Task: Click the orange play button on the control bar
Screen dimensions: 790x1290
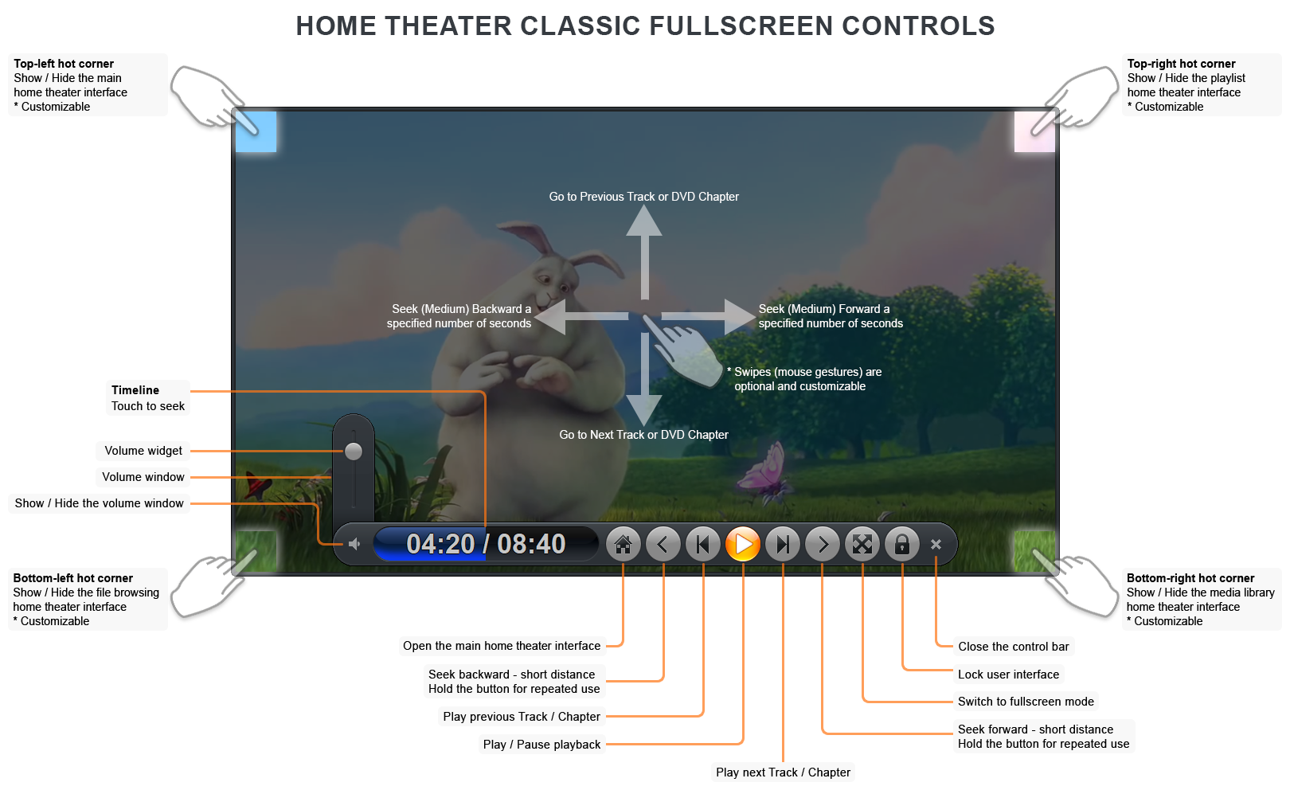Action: [743, 545]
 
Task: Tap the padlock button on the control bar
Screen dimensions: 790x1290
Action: [902, 545]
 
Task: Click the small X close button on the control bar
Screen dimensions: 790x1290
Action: [936, 545]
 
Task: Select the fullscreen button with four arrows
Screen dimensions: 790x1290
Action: [862, 545]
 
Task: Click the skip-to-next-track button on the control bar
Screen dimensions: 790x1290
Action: [783, 545]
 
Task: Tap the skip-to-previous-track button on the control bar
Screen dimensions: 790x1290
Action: [702, 545]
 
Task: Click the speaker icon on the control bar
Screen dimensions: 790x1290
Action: [354, 544]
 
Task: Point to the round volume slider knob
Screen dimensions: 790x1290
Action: [354, 452]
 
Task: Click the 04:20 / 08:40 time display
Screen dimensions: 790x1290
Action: [486, 544]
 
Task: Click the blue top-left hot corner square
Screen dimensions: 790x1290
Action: [256, 131]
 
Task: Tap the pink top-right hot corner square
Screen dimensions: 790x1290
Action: [1034, 131]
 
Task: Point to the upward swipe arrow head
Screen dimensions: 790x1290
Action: [644, 221]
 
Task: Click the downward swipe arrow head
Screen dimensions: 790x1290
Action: [644, 409]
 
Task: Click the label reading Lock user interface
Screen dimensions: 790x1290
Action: [1008, 675]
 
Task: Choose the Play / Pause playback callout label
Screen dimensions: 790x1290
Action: [541, 745]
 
